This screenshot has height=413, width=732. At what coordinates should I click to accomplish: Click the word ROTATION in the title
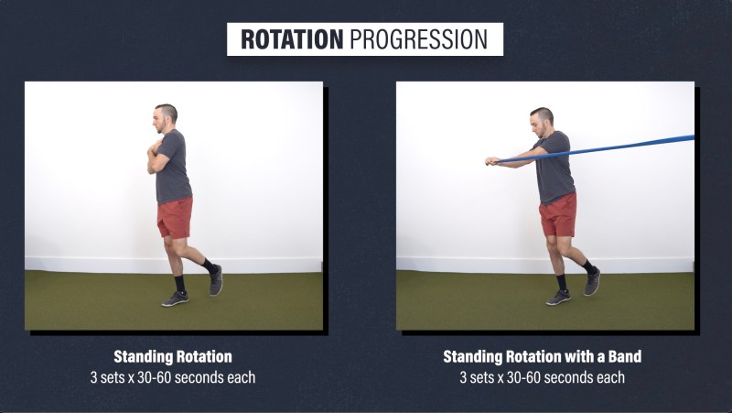point(292,39)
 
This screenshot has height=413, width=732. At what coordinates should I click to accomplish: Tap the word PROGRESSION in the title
point(419,39)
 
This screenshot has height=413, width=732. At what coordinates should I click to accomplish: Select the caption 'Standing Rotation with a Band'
point(542,356)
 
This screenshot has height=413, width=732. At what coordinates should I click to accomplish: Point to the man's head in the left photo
point(166,117)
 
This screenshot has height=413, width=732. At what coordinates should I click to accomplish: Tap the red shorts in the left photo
point(175,217)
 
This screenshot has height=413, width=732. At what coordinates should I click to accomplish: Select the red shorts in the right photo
point(558,215)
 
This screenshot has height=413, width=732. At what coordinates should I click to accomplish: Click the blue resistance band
point(593,149)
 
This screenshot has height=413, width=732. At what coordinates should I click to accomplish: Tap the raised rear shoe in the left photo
point(216,280)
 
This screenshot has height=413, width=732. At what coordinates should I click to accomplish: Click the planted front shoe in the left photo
point(175,299)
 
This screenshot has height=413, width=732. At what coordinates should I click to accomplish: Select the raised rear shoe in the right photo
point(592,281)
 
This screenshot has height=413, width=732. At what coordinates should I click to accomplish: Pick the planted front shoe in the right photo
point(558,298)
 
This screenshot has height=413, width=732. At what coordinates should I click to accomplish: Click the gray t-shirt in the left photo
point(173,168)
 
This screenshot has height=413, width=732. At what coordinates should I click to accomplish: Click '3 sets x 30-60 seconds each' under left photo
point(173,377)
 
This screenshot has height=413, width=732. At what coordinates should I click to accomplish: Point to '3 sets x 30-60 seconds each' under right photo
point(542,377)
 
